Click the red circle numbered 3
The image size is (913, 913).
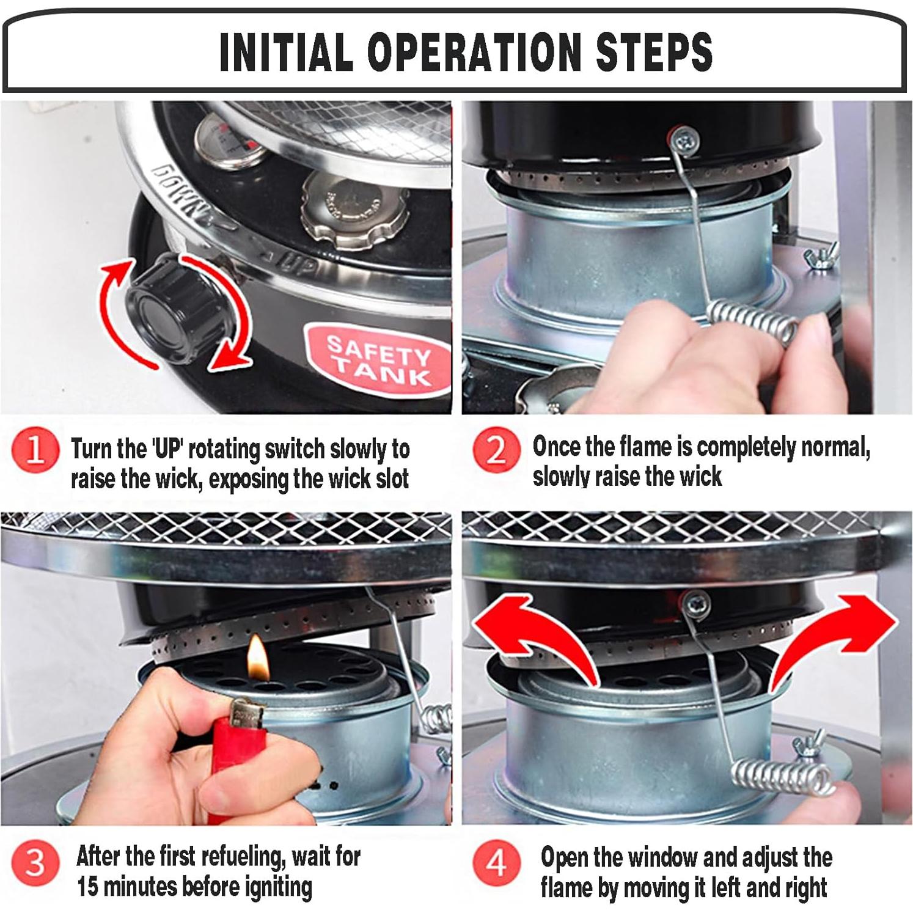pyautogui.click(x=35, y=862)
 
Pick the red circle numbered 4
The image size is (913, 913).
pyautogui.click(x=496, y=862)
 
